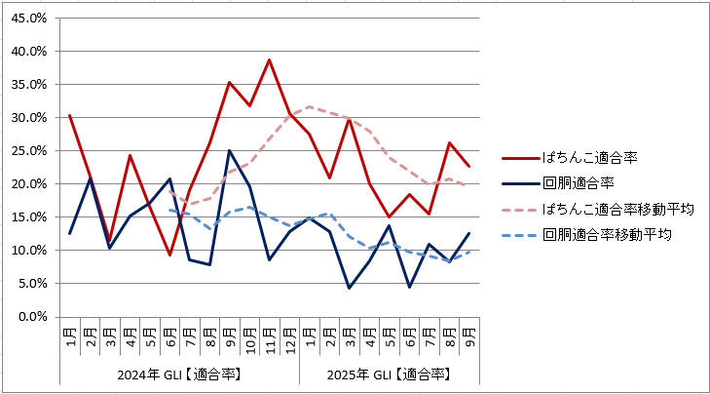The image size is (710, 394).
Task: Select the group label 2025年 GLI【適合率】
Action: tap(388, 374)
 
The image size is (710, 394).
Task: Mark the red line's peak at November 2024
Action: tap(269, 59)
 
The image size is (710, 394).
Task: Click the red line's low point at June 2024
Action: tap(169, 256)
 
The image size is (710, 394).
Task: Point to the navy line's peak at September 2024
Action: tap(229, 150)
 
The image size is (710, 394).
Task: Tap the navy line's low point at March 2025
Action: tap(349, 288)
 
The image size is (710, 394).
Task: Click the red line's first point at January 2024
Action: tap(69, 115)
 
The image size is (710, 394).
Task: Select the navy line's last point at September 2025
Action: tap(468, 233)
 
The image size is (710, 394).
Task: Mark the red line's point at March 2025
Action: tap(349, 119)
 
